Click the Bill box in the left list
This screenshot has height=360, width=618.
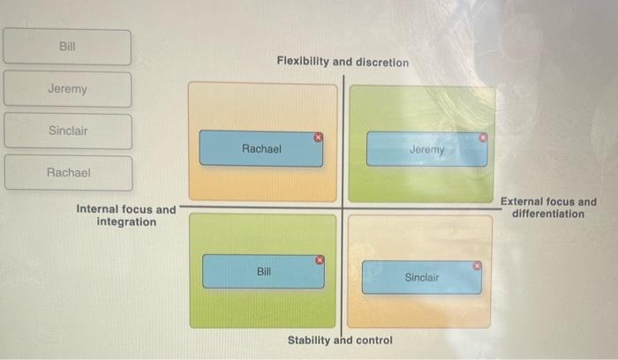tap(67, 47)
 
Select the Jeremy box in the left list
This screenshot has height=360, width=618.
tap(67, 89)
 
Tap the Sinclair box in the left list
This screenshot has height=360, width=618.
tap(68, 131)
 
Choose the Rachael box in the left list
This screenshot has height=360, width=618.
tap(68, 173)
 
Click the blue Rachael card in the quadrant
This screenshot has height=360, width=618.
tap(261, 149)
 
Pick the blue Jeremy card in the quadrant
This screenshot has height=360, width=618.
tap(426, 149)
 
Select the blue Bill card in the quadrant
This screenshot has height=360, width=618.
tap(263, 272)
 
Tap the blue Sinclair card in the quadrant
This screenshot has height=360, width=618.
tap(421, 277)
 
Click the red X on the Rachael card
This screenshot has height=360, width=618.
tap(319, 137)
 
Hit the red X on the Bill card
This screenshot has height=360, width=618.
tap(320, 260)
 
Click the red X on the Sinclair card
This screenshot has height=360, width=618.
tap(478, 265)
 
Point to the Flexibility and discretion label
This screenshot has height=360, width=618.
tap(343, 63)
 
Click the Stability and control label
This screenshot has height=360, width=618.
tap(340, 341)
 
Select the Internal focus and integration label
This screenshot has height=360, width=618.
tap(126, 215)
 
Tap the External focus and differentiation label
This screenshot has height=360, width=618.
tap(548, 208)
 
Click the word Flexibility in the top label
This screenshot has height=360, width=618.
tap(303, 63)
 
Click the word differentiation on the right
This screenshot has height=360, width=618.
tap(548, 214)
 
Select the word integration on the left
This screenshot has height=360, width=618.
tap(126, 221)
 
